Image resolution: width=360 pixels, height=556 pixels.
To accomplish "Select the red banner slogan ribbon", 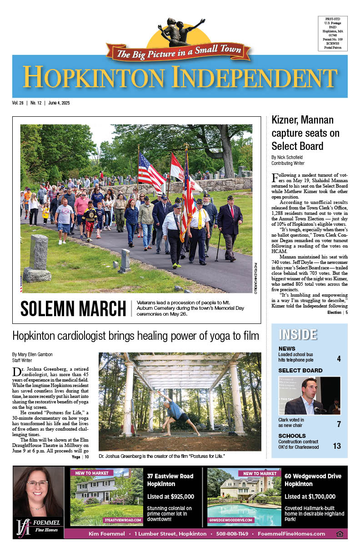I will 178,53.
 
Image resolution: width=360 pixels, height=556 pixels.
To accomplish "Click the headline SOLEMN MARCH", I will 73,309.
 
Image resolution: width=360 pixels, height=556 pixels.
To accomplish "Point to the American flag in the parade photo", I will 150,172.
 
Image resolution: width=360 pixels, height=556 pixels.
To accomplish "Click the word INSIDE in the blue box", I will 298,334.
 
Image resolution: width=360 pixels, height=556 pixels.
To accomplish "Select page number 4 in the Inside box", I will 339,359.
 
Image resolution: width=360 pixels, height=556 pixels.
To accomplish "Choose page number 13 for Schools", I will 337,446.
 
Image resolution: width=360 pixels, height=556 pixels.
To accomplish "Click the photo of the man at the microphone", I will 309,395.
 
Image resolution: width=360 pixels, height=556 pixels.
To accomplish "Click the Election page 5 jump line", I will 337,313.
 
